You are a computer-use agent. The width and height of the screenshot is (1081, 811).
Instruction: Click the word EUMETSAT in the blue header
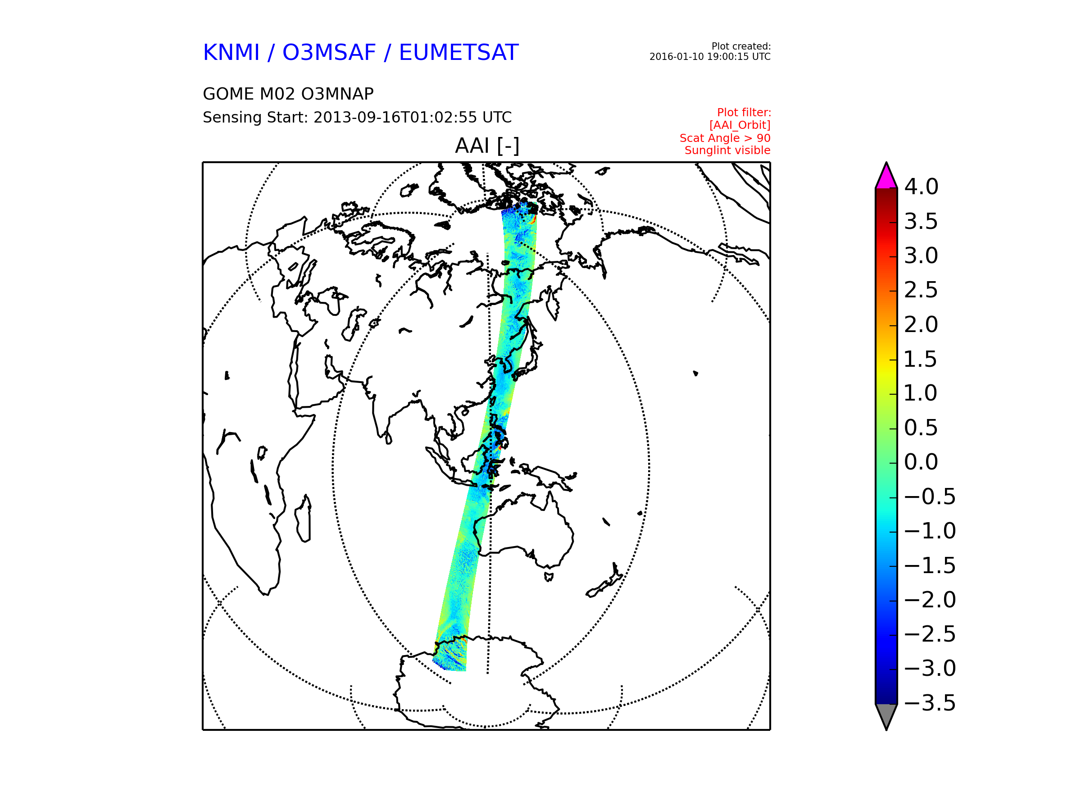pyautogui.click(x=459, y=53)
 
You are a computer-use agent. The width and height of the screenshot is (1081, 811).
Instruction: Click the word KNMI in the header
pyautogui.click(x=231, y=53)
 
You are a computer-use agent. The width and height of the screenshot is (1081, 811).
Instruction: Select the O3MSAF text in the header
pyautogui.click(x=329, y=53)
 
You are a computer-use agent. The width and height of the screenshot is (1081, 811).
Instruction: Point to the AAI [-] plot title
pyautogui.click(x=487, y=146)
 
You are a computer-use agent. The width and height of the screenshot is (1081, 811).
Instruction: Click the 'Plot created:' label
pyautogui.click(x=741, y=46)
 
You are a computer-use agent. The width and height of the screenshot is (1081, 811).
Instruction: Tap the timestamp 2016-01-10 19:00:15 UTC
pyautogui.click(x=709, y=57)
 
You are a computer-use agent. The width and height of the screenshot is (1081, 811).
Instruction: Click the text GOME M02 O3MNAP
pyautogui.click(x=288, y=94)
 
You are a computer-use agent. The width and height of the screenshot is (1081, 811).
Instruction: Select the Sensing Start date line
pyautogui.click(x=357, y=117)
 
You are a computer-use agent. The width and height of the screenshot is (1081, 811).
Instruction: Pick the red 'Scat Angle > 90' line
pyautogui.click(x=725, y=138)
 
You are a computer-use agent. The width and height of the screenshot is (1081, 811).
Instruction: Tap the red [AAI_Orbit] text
pyautogui.click(x=740, y=126)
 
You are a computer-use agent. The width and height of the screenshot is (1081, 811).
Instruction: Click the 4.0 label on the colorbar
pyautogui.click(x=921, y=187)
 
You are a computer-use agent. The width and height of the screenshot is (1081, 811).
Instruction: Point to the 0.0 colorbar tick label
pyautogui.click(x=921, y=462)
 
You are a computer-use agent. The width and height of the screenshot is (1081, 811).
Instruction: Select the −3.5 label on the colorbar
pyautogui.click(x=930, y=703)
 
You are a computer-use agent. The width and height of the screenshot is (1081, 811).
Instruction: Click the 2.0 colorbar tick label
pyautogui.click(x=921, y=324)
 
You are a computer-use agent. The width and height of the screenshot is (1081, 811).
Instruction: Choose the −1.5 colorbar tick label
pyautogui.click(x=930, y=565)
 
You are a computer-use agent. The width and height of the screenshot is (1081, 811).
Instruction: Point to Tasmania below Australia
pyautogui.click(x=549, y=577)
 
